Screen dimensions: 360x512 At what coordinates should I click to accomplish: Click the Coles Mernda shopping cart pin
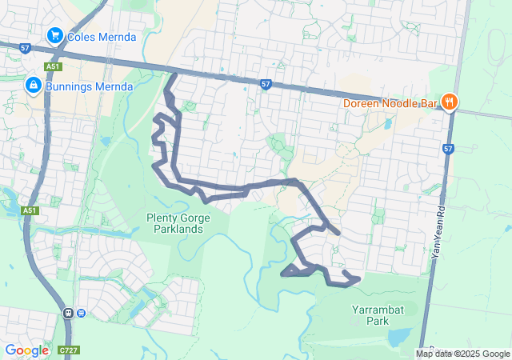55,36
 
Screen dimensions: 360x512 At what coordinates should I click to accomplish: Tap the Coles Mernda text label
102,37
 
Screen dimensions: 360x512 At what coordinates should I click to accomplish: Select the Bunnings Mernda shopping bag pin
34,84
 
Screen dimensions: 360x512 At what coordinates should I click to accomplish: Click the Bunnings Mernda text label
88,84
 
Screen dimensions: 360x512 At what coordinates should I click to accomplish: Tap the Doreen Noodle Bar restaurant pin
450,102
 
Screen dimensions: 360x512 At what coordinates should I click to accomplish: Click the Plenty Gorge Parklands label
174,223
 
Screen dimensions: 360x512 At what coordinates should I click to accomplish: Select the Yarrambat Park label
370,314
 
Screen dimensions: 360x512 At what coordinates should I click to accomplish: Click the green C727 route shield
67,350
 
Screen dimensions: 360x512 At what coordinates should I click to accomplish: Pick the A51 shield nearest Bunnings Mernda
53,67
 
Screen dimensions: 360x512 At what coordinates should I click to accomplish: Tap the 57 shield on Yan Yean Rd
448,149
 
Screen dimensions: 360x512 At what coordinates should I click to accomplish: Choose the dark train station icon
68,313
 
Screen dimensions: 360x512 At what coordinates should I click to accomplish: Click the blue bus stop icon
82,313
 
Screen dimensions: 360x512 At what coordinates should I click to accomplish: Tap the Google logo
26,350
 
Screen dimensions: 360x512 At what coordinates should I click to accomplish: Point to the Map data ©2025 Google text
462,354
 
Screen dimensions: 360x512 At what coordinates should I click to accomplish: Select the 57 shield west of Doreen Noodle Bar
266,83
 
